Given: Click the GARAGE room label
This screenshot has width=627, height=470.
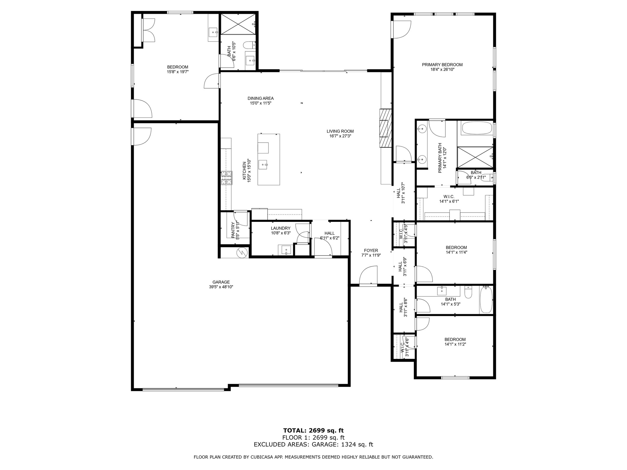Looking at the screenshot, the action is point(221,282).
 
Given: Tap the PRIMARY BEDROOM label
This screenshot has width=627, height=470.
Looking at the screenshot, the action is point(442,65).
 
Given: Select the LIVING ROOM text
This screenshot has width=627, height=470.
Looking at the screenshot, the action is point(340,131).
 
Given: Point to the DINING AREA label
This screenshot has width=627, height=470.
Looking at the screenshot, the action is point(261,98).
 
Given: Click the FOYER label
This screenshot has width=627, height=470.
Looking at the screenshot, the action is point(371,250).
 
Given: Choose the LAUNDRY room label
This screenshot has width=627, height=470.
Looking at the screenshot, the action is point(280,228).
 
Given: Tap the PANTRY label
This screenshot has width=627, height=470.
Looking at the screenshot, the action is point(233,230).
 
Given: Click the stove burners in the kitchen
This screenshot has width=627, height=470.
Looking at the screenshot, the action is point(227,178).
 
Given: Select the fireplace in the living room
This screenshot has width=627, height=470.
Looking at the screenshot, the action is point(386,128).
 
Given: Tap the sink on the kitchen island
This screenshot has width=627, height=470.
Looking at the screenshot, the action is point(263,165).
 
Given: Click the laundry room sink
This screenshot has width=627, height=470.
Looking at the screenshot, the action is point(286,250).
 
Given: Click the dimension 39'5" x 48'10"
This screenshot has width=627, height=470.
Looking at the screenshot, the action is point(221,287).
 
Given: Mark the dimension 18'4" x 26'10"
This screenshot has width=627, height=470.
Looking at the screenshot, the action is point(442,69).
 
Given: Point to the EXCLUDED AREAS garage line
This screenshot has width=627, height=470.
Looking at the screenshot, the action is point(313,445).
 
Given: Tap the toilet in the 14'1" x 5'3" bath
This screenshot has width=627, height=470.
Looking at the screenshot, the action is point(468,292).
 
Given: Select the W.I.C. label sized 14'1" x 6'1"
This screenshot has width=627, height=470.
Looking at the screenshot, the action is point(449,196).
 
